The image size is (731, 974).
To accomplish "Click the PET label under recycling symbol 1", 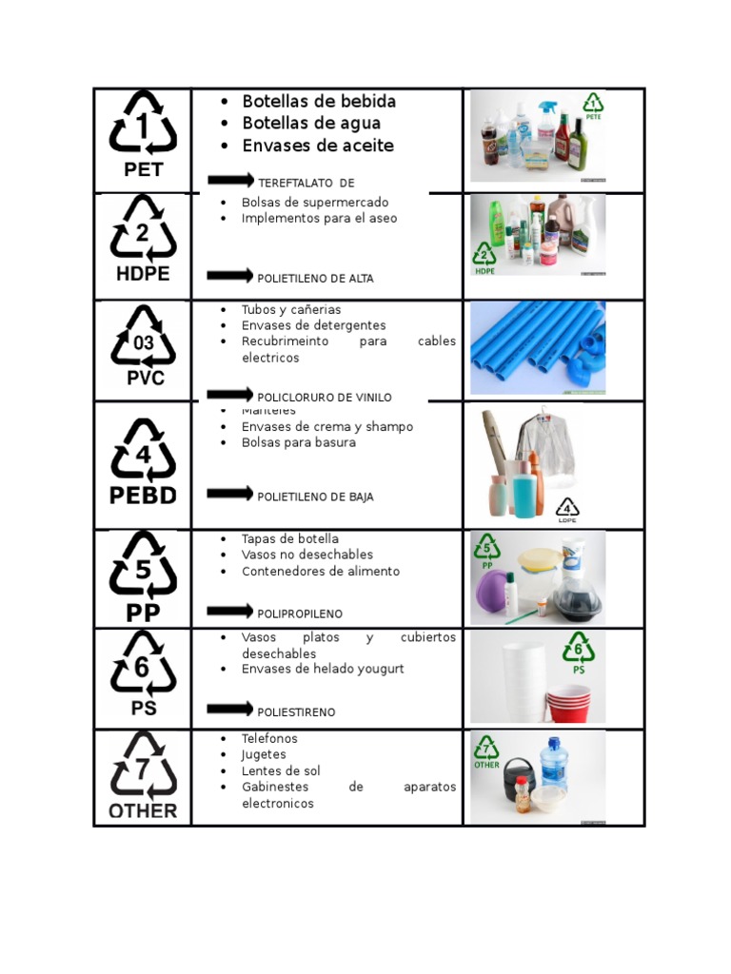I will [144, 170].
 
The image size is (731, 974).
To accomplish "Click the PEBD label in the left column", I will [143, 496].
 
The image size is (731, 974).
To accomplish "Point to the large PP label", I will [143, 612].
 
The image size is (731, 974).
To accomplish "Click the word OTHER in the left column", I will [143, 810].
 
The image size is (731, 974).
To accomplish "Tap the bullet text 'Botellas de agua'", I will [311, 123].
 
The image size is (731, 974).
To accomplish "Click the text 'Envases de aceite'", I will [318, 146].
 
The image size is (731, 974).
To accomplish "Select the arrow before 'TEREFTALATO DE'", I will [230, 180].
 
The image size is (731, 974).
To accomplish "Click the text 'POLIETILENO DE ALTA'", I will [315, 279].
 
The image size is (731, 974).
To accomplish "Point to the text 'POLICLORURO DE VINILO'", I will [325, 398].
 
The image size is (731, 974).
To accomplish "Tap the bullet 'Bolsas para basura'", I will [299, 442].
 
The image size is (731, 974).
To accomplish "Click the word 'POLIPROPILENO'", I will [300, 614].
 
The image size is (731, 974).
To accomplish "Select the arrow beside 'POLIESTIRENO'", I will [230, 709].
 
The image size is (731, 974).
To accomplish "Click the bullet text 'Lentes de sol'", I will [281, 771].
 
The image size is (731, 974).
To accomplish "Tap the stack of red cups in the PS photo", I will [568, 703].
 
